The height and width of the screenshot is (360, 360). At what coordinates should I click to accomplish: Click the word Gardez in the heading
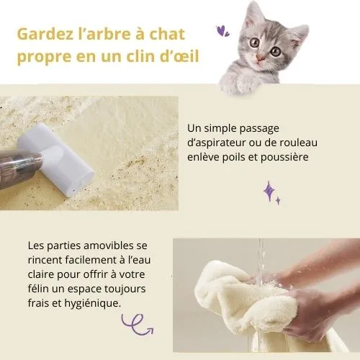45,34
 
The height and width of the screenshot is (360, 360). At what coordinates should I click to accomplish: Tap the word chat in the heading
167,34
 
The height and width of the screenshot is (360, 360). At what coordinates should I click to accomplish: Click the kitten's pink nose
260,58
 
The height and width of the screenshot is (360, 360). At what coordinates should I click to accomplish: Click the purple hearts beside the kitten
222,31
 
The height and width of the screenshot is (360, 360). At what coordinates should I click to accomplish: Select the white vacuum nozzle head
56,160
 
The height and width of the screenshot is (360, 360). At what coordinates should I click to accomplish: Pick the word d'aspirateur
216,143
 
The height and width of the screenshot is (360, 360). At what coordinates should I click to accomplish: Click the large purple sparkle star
269,191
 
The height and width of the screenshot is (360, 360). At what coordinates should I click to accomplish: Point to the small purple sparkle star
278,201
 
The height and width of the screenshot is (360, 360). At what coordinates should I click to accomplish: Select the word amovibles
109,246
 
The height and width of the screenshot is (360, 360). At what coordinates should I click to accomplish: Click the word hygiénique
93,303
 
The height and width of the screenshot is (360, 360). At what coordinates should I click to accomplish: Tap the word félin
38,289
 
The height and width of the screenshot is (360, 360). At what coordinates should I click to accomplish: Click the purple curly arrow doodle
138,324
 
